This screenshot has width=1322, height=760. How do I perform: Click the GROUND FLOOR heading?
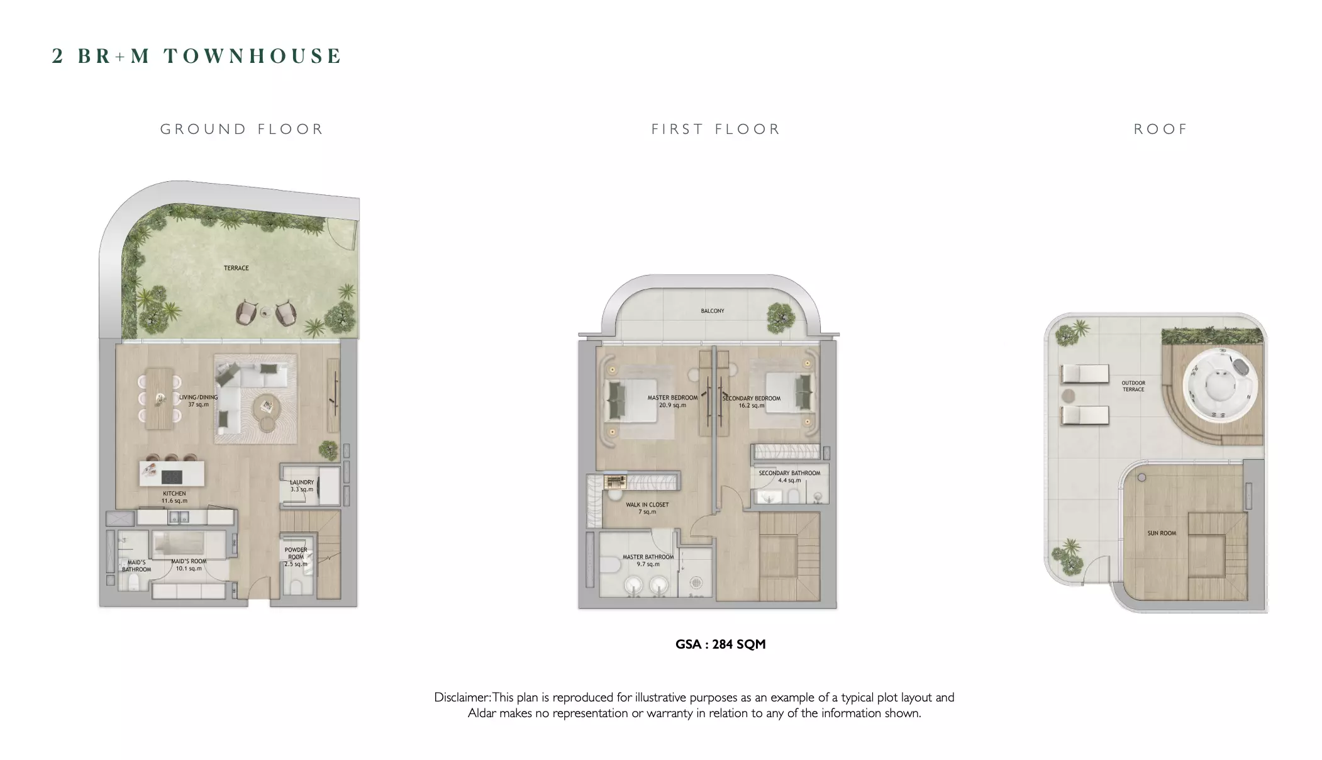[242, 129]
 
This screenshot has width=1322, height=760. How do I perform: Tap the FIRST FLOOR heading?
[716, 129]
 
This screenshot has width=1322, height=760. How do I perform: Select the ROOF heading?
[1160, 129]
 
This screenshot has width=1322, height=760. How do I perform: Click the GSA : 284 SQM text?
[721, 644]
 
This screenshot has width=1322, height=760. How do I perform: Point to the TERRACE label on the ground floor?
[236, 268]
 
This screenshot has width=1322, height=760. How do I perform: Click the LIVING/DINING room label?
[199, 401]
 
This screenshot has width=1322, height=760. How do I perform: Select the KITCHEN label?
[174, 497]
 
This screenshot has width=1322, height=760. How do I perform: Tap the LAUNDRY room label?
[302, 486]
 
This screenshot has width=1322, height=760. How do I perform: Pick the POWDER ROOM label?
[296, 557]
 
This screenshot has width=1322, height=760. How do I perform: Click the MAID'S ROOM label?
[189, 565]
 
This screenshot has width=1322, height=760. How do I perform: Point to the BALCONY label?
[713, 311]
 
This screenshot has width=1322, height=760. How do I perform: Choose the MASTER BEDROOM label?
[673, 401]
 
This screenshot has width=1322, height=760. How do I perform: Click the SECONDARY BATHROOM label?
[789, 476]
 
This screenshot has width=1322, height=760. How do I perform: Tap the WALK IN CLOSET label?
[647, 508]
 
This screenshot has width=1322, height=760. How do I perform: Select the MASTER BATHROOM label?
[648, 561]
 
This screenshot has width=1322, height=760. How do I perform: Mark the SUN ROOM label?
[1162, 533]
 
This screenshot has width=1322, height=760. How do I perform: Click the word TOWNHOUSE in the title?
[253, 56]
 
